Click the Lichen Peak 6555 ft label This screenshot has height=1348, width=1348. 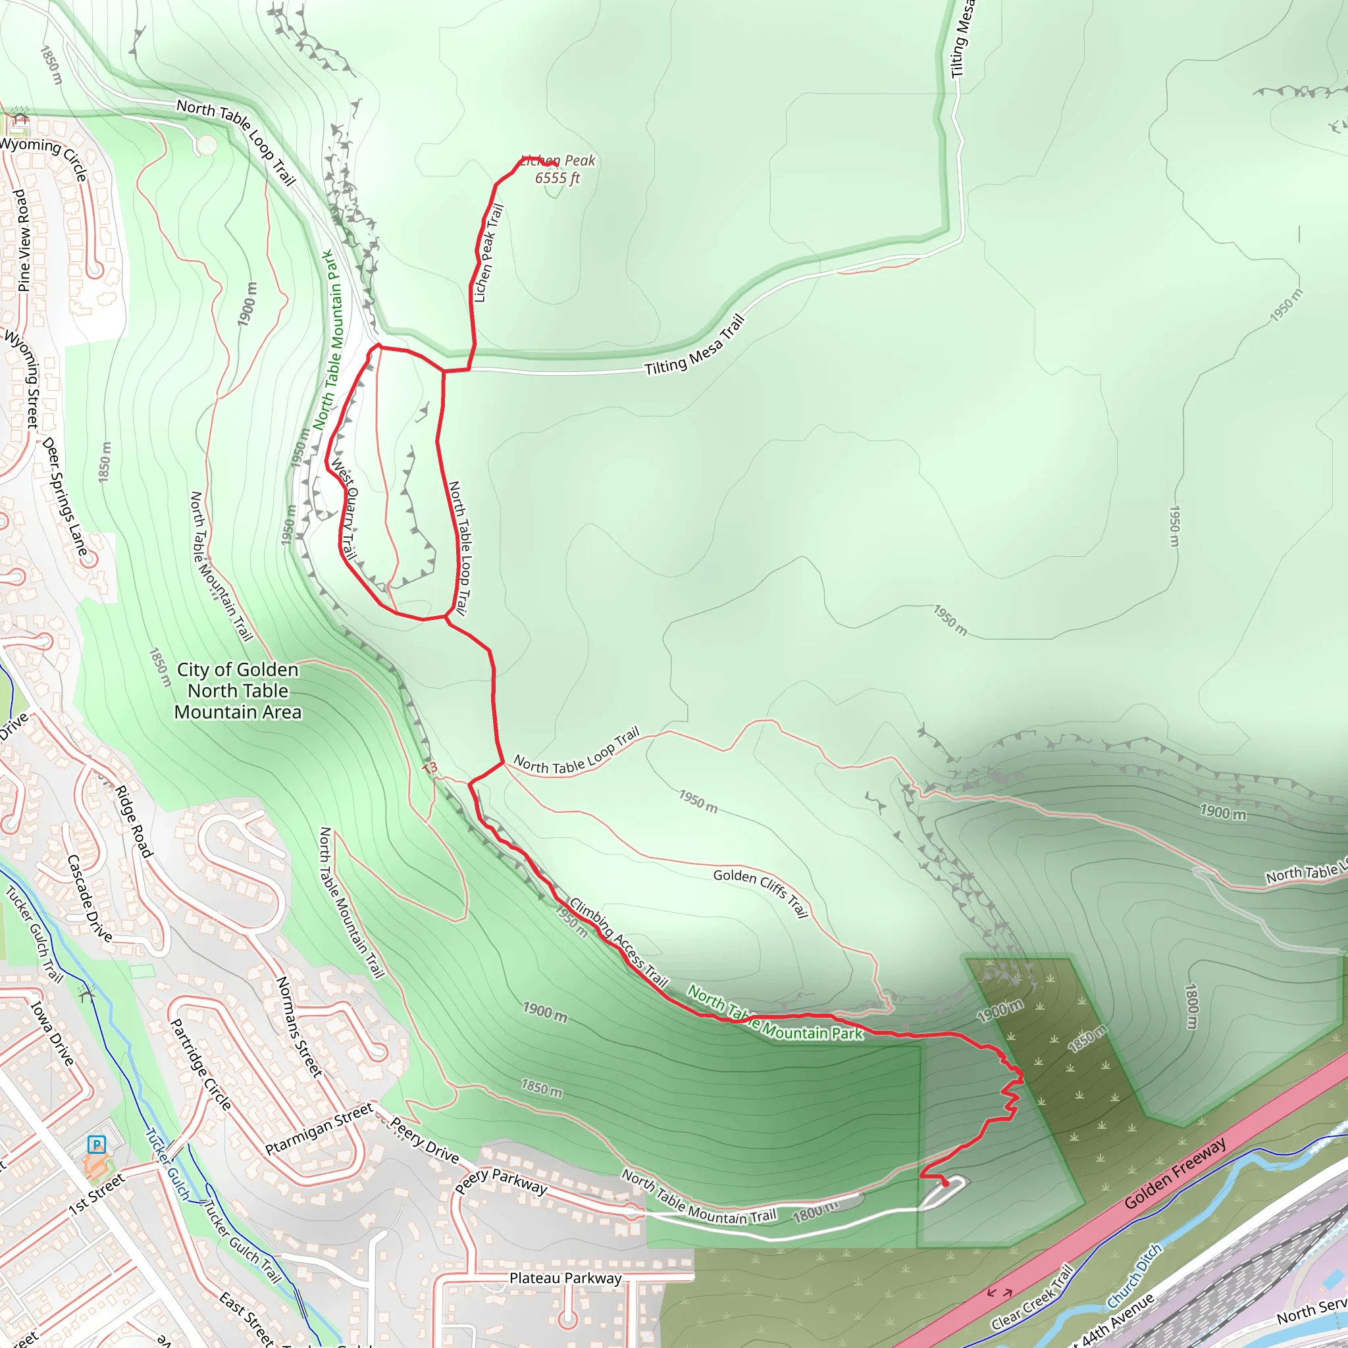(x=557, y=170)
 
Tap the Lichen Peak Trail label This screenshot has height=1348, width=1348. (x=488, y=253)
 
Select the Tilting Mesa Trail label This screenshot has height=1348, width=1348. (x=695, y=346)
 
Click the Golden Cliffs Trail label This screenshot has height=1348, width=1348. (x=760, y=893)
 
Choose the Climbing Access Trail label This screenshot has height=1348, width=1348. (x=619, y=943)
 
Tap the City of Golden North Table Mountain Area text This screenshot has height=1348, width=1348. (x=238, y=690)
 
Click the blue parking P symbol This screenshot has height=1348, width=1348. (x=96, y=1144)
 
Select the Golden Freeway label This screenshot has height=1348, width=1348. (x=1175, y=1174)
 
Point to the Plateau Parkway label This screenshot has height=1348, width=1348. (x=565, y=1278)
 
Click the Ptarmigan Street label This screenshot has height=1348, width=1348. (x=319, y=1129)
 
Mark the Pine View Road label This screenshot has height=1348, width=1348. (x=23, y=240)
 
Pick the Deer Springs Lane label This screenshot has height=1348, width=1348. (x=65, y=496)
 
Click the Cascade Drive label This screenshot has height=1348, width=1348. (x=90, y=898)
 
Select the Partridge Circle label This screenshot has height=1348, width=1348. (x=201, y=1065)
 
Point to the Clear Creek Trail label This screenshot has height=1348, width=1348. (x=1031, y=1297)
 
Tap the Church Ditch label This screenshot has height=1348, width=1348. (x=1135, y=1276)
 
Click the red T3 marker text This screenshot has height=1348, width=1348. (x=429, y=768)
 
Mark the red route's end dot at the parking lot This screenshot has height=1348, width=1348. (x=945, y=1184)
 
